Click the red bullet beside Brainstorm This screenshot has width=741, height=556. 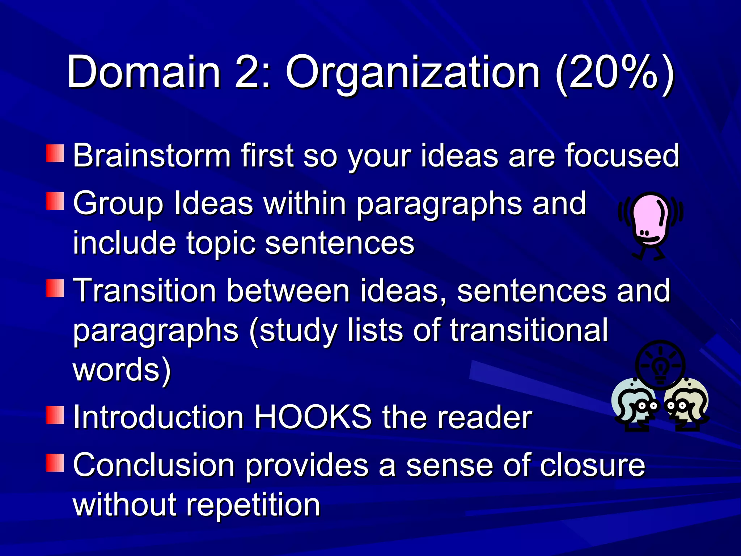coord(55,153)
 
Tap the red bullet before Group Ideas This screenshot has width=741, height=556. coord(55,201)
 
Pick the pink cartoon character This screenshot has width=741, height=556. coord(650,224)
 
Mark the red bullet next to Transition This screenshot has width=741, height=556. coord(55,288)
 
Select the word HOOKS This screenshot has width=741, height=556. coord(313,417)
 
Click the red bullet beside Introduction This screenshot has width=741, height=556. coord(55,415)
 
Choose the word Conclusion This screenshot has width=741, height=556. coord(154,465)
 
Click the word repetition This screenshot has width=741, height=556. coord(253,506)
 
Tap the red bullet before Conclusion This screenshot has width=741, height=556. coord(55,463)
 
